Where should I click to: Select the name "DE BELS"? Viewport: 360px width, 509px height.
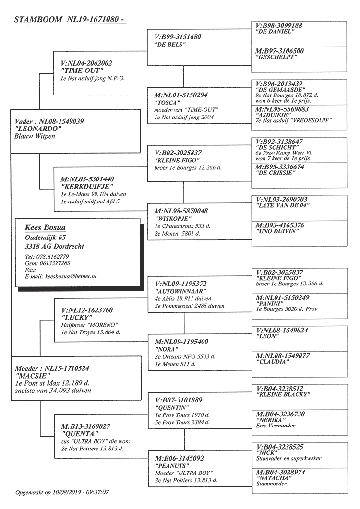[x=170, y=44]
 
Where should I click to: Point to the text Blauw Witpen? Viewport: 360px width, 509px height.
[x=35, y=136]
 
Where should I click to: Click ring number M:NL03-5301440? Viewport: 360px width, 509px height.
[x=88, y=179]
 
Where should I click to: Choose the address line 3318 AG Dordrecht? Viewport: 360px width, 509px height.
[x=54, y=247]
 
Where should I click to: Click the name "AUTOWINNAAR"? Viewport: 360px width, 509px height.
[x=180, y=291]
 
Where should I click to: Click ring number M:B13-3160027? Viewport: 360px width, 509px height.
[x=86, y=426]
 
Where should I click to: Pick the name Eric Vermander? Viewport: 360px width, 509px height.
[x=276, y=426]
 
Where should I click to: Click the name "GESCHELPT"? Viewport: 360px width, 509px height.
[x=276, y=57]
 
